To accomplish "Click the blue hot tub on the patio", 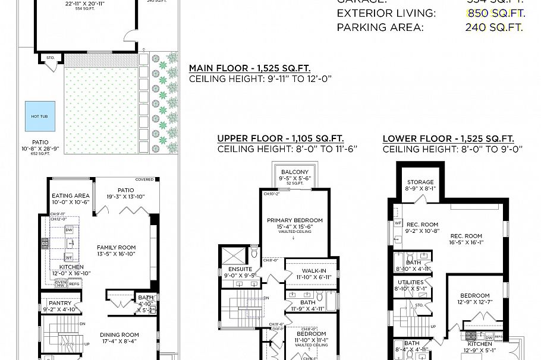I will (39, 116).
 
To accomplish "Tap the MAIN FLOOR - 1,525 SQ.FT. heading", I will (249, 68).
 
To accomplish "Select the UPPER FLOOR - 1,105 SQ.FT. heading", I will (281, 138).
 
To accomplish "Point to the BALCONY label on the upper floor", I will (295, 172).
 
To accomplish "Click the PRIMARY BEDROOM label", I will (294, 219).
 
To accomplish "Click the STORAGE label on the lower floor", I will (420, 182).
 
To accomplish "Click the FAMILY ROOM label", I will (117, 248).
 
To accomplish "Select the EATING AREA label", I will (71, 195).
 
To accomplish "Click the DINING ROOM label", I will (119, 334).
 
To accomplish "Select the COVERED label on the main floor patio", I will (144, 179).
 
